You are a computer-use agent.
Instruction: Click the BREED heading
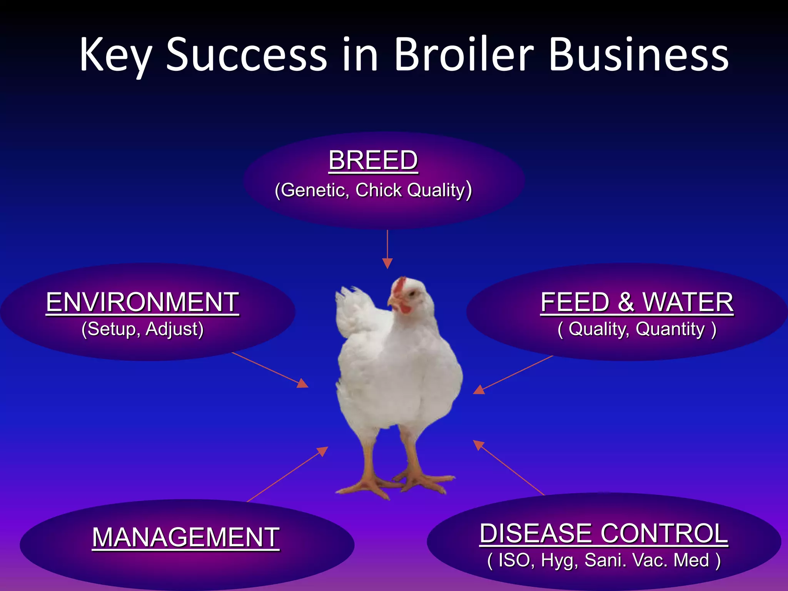373,160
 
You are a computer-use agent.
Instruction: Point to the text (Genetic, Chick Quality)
373,190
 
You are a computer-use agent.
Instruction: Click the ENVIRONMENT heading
142,302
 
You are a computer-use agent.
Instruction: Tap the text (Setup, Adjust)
142,329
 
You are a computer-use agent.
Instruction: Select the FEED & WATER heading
637,302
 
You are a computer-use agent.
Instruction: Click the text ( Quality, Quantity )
637,329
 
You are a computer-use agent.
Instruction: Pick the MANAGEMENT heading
186,537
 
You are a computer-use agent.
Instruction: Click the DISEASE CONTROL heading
604,533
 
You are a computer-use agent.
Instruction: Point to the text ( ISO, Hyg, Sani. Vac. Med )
604,560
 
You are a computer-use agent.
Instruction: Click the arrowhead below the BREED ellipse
387,263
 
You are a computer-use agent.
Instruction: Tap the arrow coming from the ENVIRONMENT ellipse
269,370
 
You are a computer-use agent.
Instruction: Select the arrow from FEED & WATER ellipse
514,375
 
